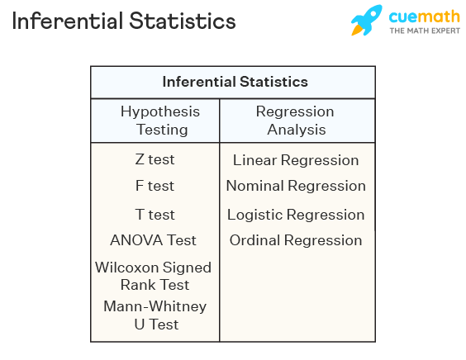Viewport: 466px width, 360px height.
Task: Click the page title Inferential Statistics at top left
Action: [x=123, y=21]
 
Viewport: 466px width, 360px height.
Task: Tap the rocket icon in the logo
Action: [x=367, y=21]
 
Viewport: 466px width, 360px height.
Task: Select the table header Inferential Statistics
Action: [x=235, y=82]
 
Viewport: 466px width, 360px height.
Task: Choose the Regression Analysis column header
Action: [x=295, y=121]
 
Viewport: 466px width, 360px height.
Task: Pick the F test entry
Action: [x=155, y=186]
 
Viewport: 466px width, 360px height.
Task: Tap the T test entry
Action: [x=155, y=215]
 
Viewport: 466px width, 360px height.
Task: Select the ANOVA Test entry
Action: [x=154, y=240]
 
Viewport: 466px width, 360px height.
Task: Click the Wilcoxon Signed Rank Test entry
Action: [x=154, y=276]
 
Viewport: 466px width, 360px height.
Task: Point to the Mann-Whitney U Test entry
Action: [x=155, y=315]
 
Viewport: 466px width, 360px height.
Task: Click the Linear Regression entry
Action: [x=296, y=160]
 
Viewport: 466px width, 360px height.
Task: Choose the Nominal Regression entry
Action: [x=296, y=186]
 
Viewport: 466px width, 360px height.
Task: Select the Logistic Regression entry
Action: [x=296, y=215]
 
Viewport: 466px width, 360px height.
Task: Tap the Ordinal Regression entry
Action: [x=296, y=240]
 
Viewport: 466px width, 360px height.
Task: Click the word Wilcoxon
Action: [x=130, y=268]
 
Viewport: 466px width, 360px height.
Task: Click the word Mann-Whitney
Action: [x=155, y=306]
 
